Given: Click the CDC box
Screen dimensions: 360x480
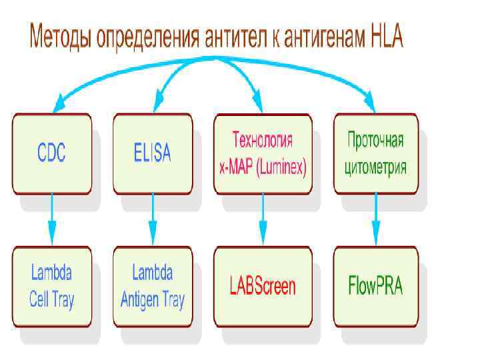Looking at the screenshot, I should tap(51, 153).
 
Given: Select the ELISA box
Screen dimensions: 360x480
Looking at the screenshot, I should tap(152, 153).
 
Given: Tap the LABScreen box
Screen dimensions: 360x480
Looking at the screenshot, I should tap(262, 287).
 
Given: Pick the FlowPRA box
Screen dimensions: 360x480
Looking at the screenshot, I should tap(375, 287).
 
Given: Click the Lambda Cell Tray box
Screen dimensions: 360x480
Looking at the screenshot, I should tap(51, 287).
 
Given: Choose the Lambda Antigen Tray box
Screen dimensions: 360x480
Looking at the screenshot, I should tap(152, 287).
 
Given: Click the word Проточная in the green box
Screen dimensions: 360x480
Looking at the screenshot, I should tap(375, 141).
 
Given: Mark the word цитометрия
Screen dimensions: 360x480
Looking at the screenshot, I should tap(375, 167).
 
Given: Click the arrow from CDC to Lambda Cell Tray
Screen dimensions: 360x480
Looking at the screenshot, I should tap(51, 220).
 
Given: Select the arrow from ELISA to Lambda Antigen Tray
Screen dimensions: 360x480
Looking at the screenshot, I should tap(152, 220).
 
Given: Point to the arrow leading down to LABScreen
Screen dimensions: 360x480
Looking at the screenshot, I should tap(262, 220).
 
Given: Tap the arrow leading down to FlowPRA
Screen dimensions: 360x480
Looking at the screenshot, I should tap(375, 220).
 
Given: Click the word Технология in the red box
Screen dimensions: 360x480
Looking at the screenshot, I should tap(262, 141).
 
